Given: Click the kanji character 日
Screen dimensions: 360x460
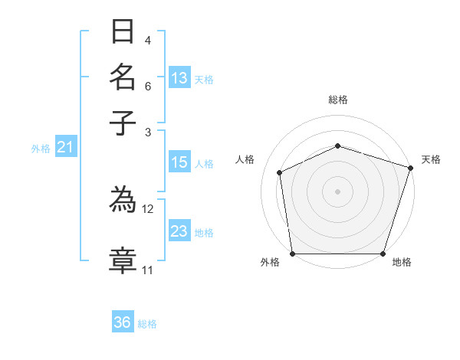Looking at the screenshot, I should point(123,33).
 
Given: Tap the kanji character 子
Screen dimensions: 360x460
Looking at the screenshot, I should point(123,123).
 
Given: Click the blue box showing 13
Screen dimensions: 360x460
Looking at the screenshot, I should point(179,78).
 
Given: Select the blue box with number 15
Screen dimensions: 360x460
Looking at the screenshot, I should point(179,162).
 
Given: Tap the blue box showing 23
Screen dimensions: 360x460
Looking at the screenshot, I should point(179,231).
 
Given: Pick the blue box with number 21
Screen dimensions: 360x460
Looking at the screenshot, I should point(64,148).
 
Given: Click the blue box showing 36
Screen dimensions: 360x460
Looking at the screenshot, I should point(123,322).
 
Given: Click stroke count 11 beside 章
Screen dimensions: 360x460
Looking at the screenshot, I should point(147,270).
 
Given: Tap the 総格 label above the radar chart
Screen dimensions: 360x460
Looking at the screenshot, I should point(337,100).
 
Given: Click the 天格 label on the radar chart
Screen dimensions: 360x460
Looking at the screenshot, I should point(431,159).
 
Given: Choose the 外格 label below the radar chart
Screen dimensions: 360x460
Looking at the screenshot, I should point(270,262).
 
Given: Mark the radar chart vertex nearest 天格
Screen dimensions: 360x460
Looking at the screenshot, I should point(410,167).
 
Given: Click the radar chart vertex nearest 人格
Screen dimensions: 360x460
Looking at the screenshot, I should point(280,172).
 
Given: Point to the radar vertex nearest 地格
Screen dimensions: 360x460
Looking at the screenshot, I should point(383,254).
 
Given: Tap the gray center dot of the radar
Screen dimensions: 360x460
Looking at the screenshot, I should point(337,191).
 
